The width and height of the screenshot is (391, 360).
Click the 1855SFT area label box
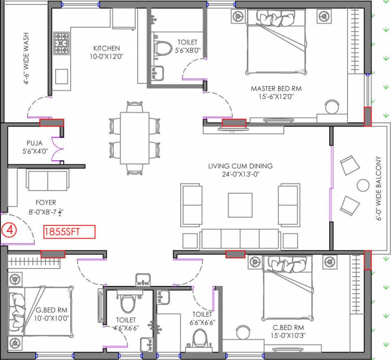69,232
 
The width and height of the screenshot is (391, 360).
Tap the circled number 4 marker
9,231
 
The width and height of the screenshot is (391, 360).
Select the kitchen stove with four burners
61,43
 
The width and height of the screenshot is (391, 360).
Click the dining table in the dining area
134,138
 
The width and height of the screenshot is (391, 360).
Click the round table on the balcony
363,185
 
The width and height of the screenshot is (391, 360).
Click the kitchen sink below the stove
61,76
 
